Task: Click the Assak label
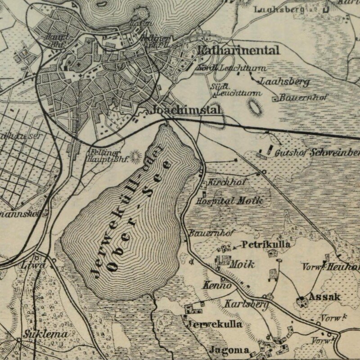point(324,297)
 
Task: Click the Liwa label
point(33,266)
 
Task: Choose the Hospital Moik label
point(230,201)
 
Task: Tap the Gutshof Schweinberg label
point(317,153)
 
